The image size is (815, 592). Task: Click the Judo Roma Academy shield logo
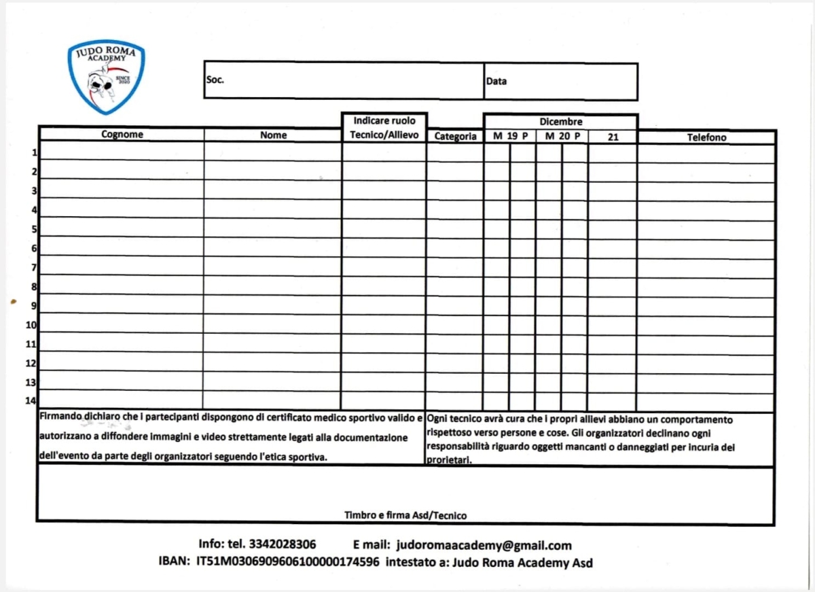(x=106, y=75)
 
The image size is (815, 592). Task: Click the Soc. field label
(x=215, y=80)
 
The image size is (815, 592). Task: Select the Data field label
(x=496, y=81)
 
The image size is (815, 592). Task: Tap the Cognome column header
(x=122, y=135)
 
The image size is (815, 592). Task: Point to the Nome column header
(x=273, y=135)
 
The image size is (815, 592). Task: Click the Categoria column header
(x=455, y=136)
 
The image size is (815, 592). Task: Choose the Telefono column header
(x=706, y=137)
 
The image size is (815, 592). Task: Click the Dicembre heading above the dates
(x=561, y=122)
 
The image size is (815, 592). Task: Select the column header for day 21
(x=613, y=137)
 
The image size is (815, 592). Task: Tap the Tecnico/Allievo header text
(x=384, y=135)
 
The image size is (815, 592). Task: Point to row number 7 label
(x=34, y=268)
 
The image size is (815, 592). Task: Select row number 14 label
(x=31, y=401)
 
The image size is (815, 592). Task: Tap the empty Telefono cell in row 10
(x=706, y=326)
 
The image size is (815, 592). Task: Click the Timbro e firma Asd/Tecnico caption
(x=405, y=516)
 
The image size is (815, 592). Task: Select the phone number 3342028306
(x=283, y=545)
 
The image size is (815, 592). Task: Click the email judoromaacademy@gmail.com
(x=484, y=545)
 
